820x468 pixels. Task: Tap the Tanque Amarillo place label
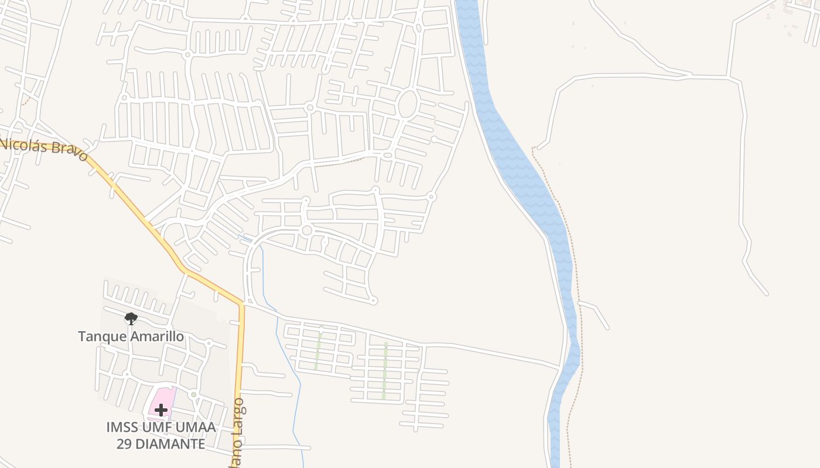click(131, 336)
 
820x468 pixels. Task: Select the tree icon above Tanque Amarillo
click(131, 319)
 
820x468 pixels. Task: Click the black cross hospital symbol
click(161, 410)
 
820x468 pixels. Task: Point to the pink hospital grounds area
click(166, 398)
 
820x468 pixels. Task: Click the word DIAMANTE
click(170, 443)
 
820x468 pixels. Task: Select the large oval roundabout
click(408, 104)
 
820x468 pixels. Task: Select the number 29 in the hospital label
click(124, 443)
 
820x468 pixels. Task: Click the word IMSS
click(121, 427)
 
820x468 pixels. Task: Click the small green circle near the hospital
click(193, 395)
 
